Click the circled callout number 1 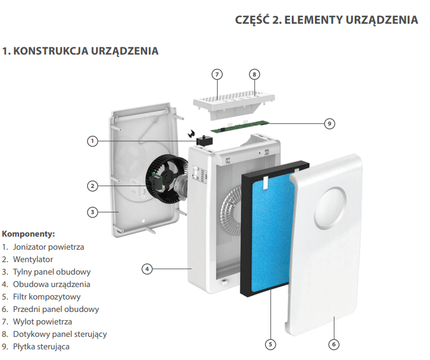93,141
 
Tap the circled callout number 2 93,186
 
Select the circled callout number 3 93,212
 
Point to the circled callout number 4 147,269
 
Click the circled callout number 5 270,345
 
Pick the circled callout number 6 334,345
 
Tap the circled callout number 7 217,74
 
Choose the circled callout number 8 254,74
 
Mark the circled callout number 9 329,123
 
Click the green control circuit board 240,127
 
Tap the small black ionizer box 204,141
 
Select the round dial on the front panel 330,208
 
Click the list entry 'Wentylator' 33,259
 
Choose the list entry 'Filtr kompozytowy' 47,297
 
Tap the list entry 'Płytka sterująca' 41,346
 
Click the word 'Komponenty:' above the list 28,234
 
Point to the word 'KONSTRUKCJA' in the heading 51,51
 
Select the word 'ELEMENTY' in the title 313,20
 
